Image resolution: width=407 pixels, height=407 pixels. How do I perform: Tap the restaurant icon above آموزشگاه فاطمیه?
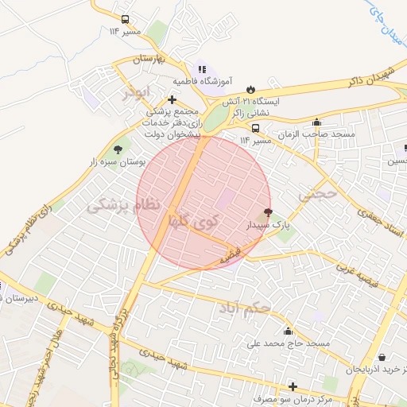[x=202, y=69]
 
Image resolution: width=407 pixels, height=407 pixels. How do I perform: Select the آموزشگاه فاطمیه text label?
[x=203, y=81]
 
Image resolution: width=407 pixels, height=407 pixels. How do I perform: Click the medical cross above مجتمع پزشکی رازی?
[x=172, y=99]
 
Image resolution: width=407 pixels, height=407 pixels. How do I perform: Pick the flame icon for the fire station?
[x=251, y=88]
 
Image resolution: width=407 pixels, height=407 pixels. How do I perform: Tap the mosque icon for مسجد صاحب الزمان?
[x=317, y=122]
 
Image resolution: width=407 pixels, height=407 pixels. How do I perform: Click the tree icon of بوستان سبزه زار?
[x=118, y=149]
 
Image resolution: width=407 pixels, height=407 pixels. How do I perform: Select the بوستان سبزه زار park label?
[x=120, y=162]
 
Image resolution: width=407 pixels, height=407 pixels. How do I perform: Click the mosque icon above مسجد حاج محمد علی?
[x=287, y=331]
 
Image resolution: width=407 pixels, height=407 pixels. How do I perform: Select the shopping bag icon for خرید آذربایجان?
[x=382, y=358]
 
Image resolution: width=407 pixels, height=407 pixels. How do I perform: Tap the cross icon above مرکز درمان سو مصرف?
[x=293, y=386]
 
